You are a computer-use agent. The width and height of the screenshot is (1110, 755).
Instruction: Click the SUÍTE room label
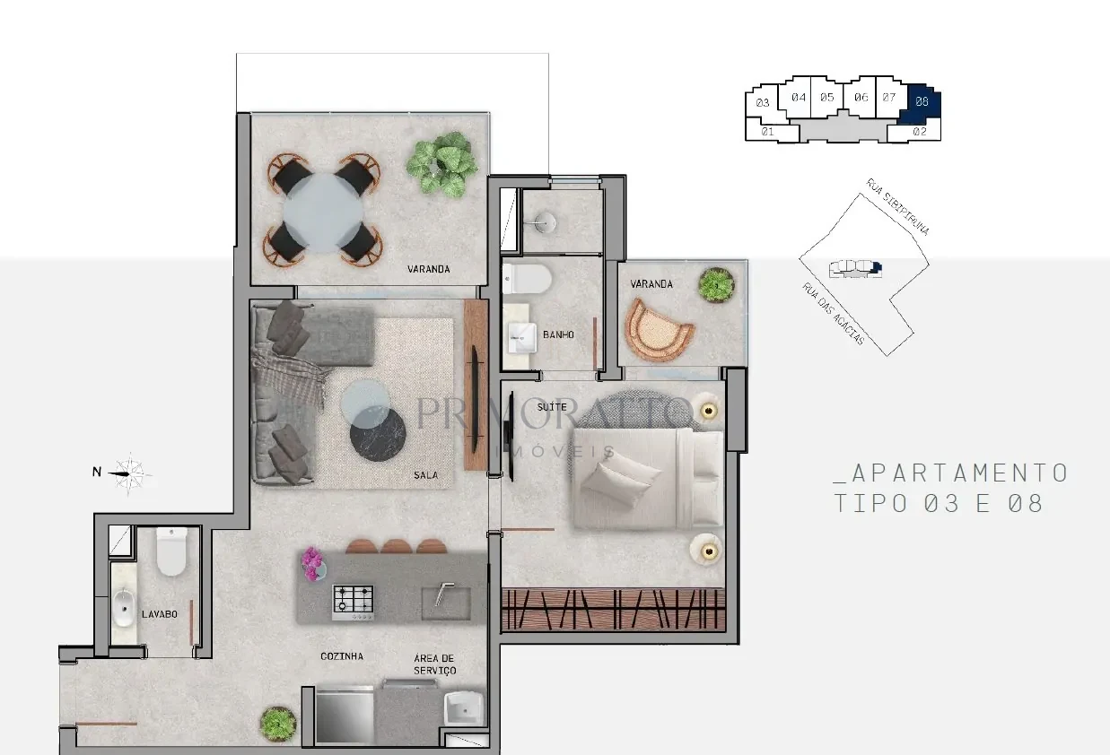coord(552,407)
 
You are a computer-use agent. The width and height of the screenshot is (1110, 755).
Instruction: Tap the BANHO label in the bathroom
coord(558,334)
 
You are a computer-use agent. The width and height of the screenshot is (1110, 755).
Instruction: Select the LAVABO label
coord(160,614)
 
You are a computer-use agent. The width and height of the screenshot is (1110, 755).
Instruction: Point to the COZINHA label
coord(342,656)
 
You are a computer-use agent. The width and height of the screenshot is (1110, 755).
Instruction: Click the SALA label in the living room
coord(425,475)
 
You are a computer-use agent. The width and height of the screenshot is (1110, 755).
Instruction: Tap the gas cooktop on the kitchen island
coord(353,603)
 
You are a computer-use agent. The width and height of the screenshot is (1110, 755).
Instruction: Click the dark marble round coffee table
coord(378,434)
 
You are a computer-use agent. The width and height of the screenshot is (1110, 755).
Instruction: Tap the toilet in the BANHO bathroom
coord(526,279)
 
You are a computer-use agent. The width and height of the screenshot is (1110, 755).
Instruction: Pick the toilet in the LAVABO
coord(171,551)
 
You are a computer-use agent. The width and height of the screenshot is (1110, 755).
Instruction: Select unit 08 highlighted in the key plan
coord(921,103)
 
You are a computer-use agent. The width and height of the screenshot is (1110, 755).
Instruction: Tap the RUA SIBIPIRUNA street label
coord(897,206)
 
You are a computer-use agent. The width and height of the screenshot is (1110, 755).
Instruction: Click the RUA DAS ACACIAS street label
coord(834,313)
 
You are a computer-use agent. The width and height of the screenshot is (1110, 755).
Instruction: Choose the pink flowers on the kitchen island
coord(312,563)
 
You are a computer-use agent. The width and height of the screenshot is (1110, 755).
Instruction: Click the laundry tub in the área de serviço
coord(464,708)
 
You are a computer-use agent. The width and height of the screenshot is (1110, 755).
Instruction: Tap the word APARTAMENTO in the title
coord(951,473)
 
